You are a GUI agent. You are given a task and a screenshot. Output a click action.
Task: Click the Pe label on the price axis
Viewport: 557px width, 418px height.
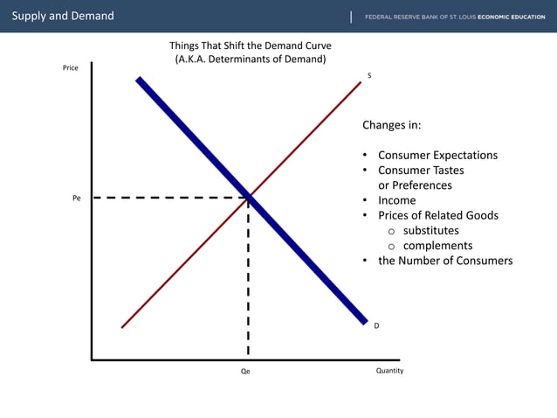[77, 199]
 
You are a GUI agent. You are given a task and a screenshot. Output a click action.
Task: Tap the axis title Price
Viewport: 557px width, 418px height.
[71, 68]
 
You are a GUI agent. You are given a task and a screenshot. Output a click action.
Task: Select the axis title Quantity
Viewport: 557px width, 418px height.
[389, 371]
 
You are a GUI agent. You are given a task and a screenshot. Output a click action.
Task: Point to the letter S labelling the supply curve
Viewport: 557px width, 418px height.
[369, 76]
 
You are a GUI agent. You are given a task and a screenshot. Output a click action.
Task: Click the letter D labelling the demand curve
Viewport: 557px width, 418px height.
[376, 325]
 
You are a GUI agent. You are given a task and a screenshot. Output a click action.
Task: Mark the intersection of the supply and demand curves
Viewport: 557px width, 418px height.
[249, 197]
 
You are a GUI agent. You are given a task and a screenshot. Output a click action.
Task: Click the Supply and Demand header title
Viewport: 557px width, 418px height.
[62, 16]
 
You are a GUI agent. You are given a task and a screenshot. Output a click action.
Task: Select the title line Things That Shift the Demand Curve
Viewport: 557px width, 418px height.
[251, 45]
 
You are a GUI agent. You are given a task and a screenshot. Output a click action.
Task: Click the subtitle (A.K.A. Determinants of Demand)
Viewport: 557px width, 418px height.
[251, 59]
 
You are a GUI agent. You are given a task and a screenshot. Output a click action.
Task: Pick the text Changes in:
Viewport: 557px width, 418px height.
[392, 125]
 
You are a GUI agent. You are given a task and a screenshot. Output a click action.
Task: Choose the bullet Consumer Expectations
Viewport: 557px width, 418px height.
[437, 156]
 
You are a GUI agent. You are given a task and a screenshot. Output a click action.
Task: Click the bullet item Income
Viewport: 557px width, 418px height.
[396, 200]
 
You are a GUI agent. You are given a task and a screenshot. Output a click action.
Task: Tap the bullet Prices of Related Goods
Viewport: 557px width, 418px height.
[438, 215]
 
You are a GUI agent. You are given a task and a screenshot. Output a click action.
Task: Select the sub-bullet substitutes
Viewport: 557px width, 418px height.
[430, 231]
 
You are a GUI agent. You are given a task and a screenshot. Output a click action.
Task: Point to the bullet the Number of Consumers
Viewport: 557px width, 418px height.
[445, 261]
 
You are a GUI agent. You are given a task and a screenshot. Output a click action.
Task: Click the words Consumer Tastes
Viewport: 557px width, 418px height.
[421, 171]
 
